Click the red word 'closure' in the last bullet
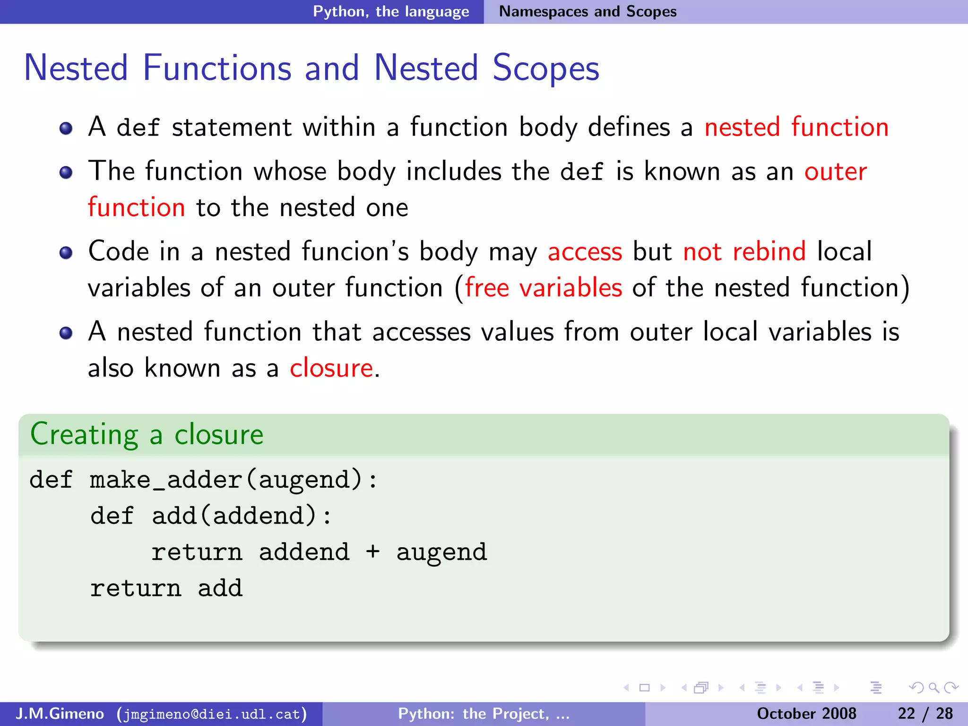click(x=331, y=368)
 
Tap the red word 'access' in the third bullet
click(x=585, y=252)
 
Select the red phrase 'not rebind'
click(x=744, y=251)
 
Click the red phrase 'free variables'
click(x=543, y=288)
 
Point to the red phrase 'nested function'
click(x=796, y=127)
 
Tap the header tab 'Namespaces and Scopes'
click(x=588, y=11)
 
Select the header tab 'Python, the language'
click(x=391, y=11)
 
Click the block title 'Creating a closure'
click(x=147, y=434)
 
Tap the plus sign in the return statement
click(x=372, y=552)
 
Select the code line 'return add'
click(x=166, y=588)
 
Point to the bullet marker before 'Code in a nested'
click(x=66, y=253)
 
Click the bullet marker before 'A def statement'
click(x=66, y=129)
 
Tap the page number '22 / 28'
click(x=925, y=713)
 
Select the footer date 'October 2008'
click(x=806, y=713)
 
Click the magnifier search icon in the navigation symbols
click(x=933, y=688)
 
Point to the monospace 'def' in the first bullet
click(x=138, y=128)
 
